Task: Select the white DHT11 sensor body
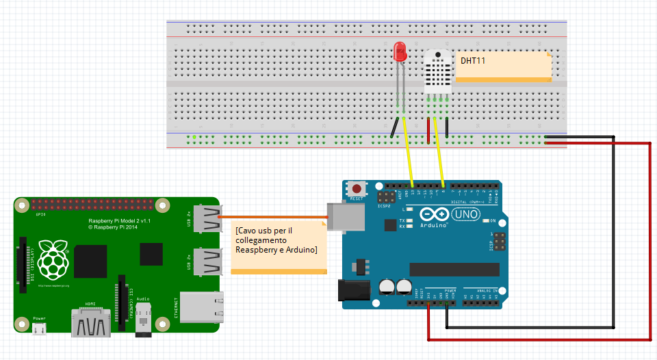tap(437, 71)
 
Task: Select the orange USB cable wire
tap(274, 218)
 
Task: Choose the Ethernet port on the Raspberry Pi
tap(201, 307)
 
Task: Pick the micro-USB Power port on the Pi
tap(40, 329)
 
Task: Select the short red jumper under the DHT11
tap(429, 129)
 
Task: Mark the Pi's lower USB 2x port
tap(208, 262)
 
